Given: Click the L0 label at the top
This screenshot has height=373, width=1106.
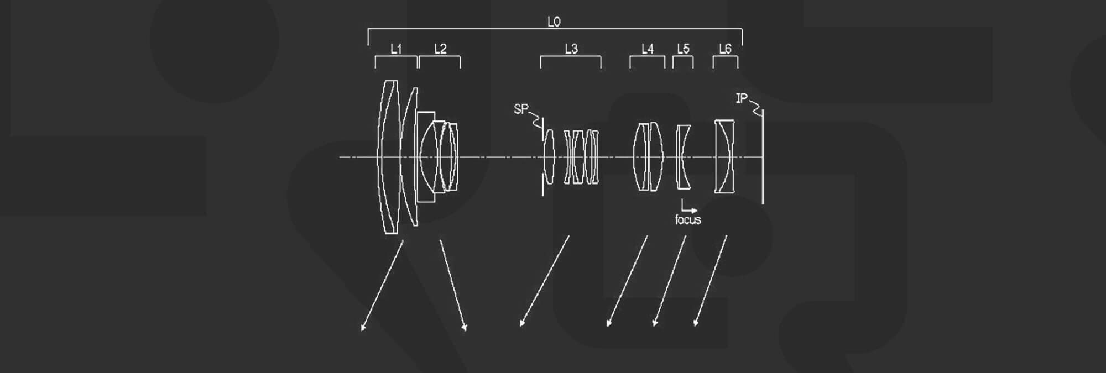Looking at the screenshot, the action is click(x=554, y=22).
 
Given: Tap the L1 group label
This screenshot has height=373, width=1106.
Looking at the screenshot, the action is click(x=396, y=49).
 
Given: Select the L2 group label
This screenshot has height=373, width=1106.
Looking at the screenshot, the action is click(x=440, y=49).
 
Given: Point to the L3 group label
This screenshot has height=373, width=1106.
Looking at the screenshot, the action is click(x=571, y=49).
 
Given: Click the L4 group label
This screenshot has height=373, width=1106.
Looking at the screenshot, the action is click(x=648, y=49).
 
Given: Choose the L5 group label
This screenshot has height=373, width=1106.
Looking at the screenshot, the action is click(x=684, y=49).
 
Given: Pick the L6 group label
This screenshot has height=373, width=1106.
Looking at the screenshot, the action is click(x=725, y=49).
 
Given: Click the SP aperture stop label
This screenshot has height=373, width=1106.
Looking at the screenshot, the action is click(x=521, y=109).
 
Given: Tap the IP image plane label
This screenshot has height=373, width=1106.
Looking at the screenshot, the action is click(x=742, y=99).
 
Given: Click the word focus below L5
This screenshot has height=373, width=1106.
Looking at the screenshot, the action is click(x=688, y=220).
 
